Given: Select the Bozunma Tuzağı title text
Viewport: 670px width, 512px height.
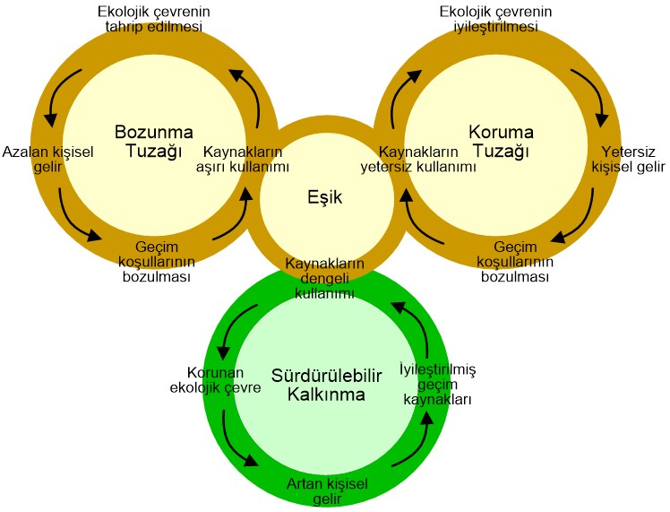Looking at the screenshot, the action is click(149, 140).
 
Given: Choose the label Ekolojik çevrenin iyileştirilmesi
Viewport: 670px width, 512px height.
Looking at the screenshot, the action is click(495, 19).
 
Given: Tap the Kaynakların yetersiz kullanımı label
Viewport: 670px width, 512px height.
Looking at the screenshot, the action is click(418, 159).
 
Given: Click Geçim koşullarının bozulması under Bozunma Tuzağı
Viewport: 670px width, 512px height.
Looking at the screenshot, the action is click(158, 261).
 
